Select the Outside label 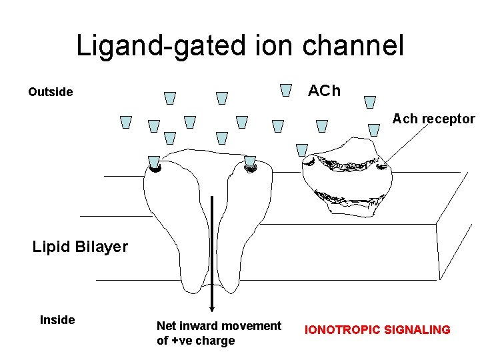(x=51, y=92)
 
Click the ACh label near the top (x=324, y=91)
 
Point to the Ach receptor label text (x=433, y=119)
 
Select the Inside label (x=57, y=320)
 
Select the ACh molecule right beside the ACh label (x=287, y=90)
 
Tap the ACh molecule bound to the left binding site (x=154, y=162)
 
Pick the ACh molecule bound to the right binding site (x=250, y=161)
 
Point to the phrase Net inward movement (x=219, y=326)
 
